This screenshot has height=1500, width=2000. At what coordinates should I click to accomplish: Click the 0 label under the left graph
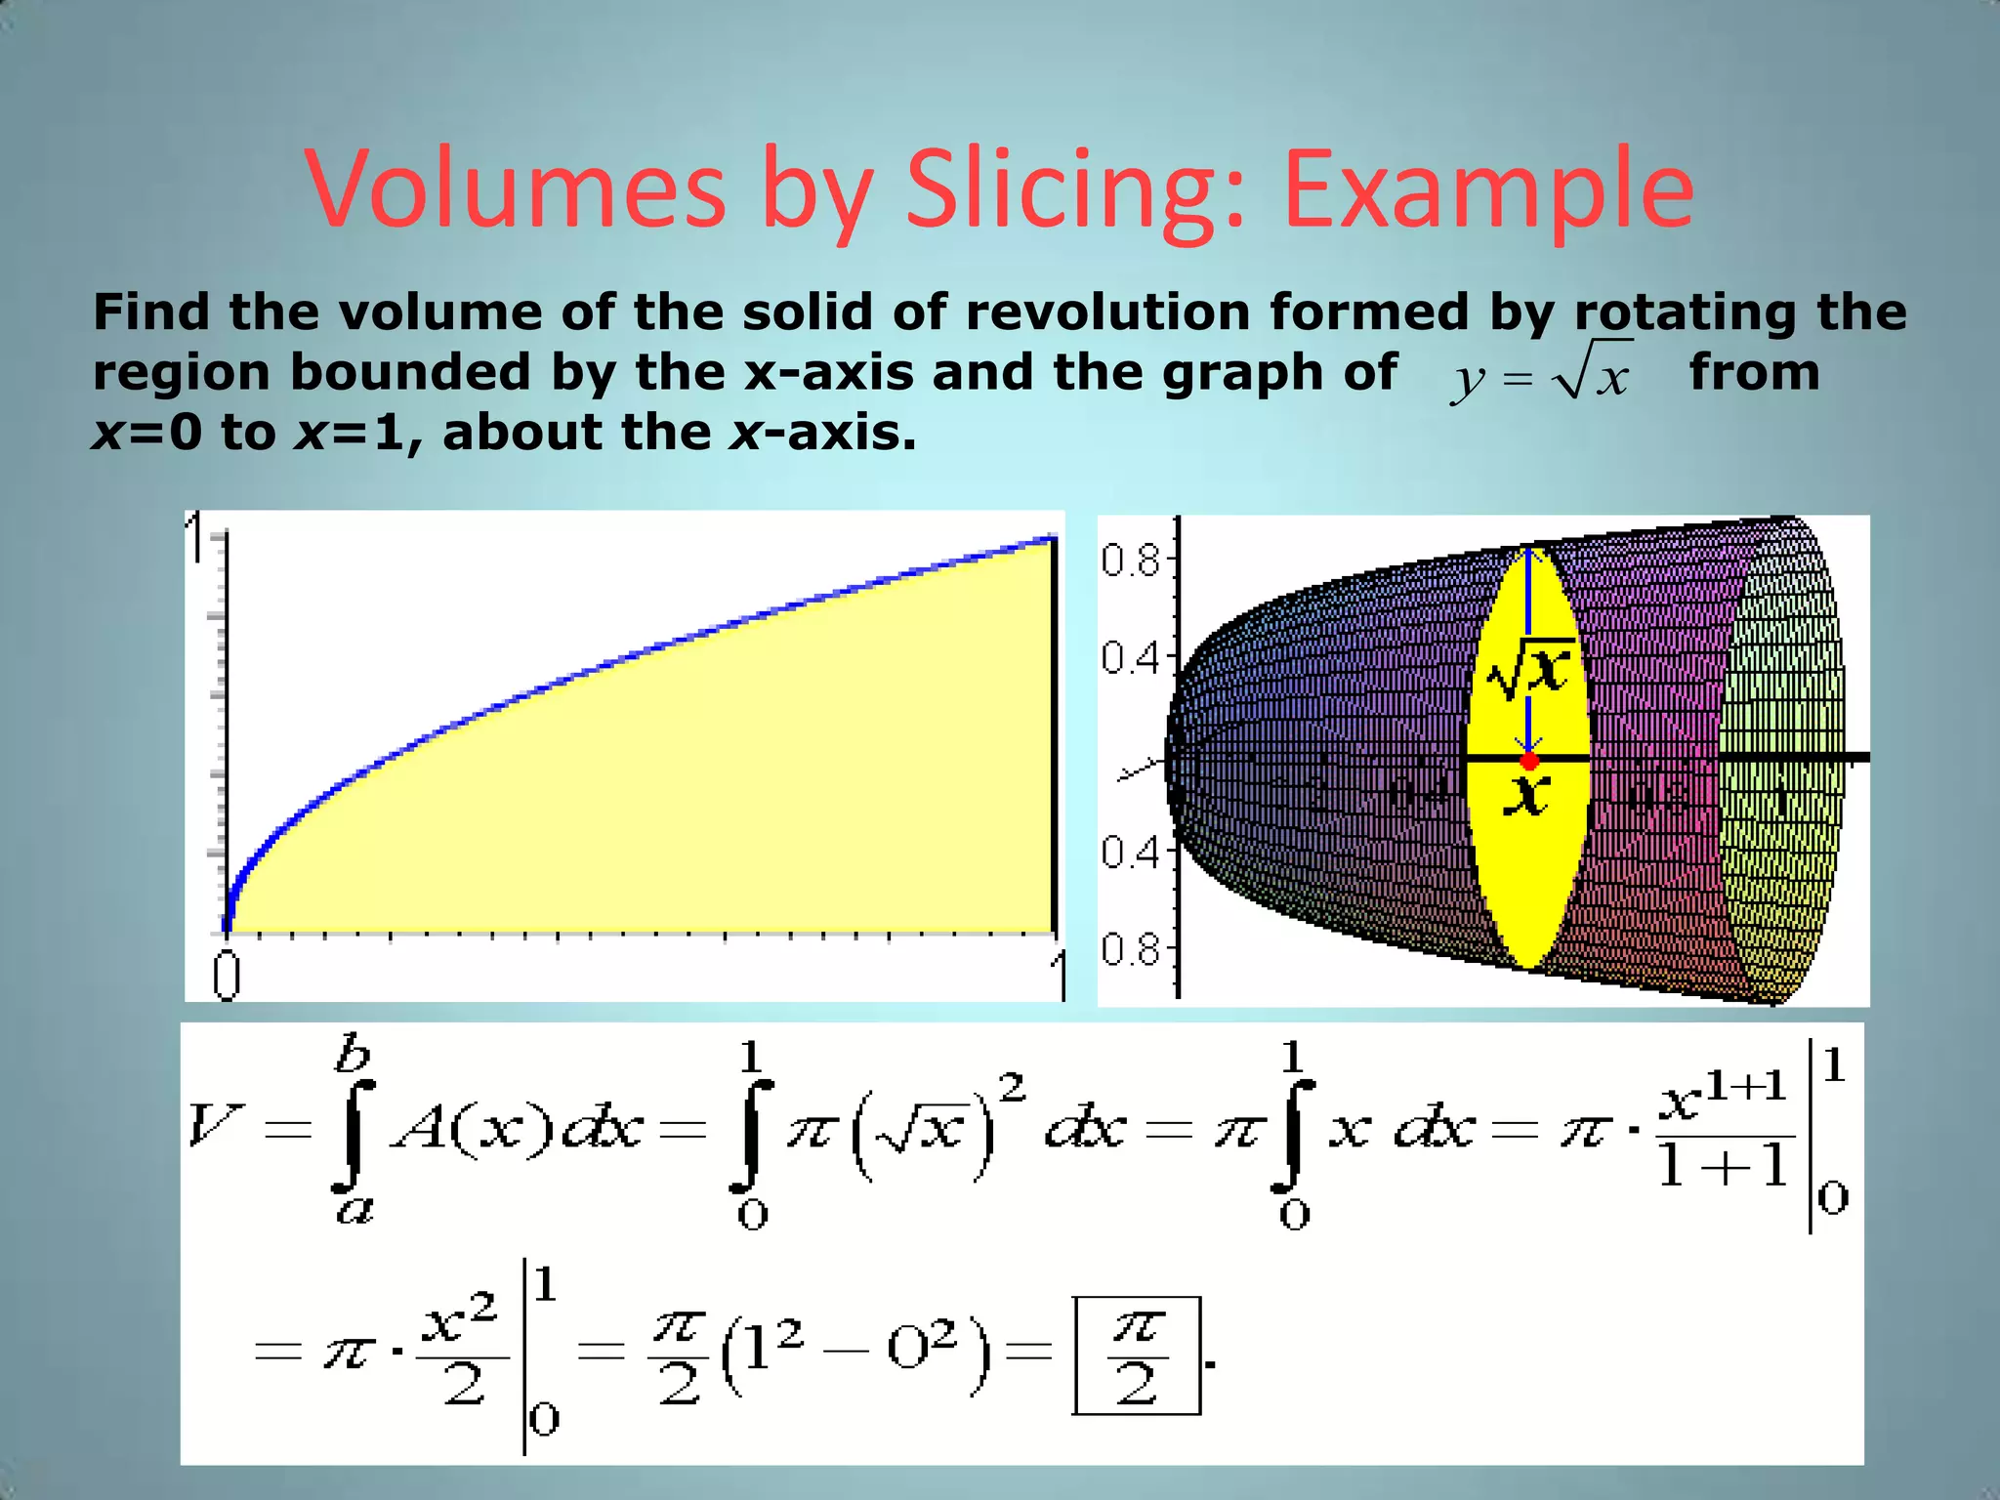tap(227, 975)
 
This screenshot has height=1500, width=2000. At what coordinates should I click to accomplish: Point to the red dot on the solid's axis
tap(1530, 761)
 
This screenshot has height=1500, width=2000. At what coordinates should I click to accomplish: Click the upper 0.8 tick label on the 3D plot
tap(1130, 562)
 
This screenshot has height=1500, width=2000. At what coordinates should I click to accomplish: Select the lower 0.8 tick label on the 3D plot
tap(1130, 948)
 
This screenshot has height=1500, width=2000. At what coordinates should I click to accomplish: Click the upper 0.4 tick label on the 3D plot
tap(1130, 658)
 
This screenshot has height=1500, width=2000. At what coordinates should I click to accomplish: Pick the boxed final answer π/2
tap(1136, 1355)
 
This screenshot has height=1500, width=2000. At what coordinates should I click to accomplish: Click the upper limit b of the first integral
tap(353, 1055)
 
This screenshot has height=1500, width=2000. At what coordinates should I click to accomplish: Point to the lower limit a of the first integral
tap(354, 1211)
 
